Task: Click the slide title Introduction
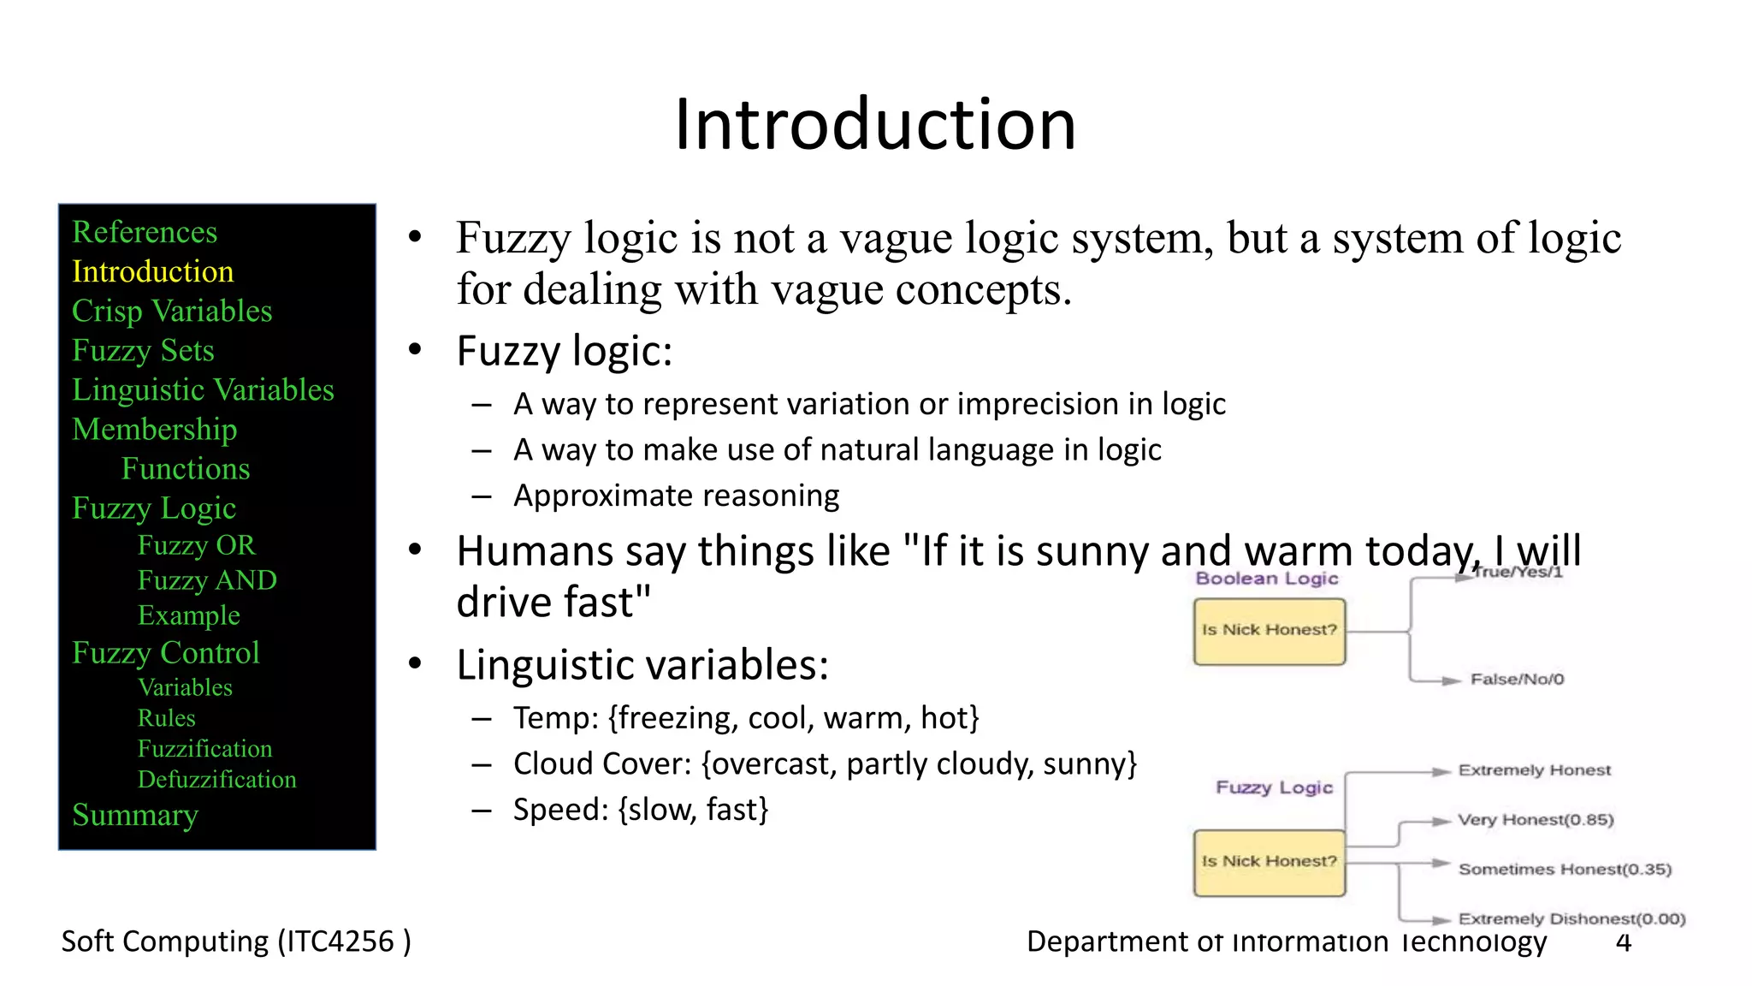point(874,125)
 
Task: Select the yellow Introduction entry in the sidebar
point(152,271)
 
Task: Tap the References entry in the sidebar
point(144,232)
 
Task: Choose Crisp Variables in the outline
point(171,311)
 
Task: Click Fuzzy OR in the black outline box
point(196,545)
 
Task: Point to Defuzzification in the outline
point(216,780)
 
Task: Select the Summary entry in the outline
point(134,815)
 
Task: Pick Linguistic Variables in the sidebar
point(202,390)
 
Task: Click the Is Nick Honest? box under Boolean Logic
point(1269,632)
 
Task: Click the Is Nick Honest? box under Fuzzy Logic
point(1269,862)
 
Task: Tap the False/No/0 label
point(1517,680)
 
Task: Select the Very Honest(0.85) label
point(1536,820)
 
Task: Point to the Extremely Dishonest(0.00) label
point(1571,919)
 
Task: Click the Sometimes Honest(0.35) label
point(1564,870)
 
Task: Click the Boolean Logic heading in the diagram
point(1266,579)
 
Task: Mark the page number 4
point(1623,942)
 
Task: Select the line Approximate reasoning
point(676,496)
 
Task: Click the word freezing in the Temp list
point(676,718)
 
